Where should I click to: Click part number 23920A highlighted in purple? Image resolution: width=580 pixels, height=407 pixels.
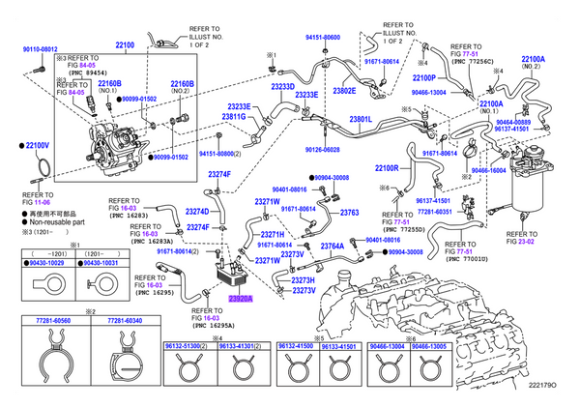[240, 300]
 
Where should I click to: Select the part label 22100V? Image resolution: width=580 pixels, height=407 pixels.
[37, 145]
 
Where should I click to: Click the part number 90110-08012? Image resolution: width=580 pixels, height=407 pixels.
[34, 48]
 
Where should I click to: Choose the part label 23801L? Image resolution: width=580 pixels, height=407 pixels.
[361, 119]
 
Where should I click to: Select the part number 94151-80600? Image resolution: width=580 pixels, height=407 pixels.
[322, 37]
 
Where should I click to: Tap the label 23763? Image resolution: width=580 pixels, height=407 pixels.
[349, 213]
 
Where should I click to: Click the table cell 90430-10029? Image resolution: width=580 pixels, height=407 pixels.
[45, 262]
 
